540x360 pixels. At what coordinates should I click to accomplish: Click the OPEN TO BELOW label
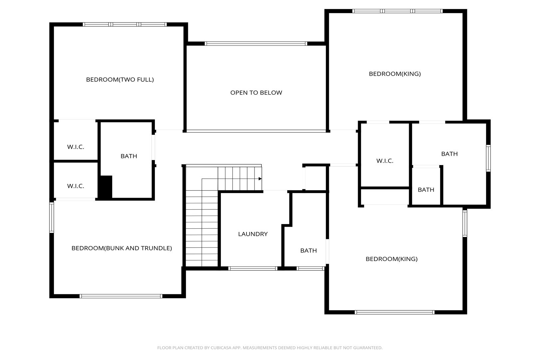point(256,93)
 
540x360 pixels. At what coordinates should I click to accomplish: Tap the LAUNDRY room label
point(253,234)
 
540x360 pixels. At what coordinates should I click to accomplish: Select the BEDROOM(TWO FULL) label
point(120,80)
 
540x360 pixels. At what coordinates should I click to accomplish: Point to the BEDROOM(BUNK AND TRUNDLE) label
point(122,248)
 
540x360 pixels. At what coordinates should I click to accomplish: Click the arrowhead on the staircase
point(260,179)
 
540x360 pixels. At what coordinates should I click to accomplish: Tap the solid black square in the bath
point(106,187)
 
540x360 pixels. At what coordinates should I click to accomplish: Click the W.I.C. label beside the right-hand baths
point(385,161)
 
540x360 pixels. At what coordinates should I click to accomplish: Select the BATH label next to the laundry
point(308,251)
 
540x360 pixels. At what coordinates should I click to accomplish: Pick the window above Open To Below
point(256,44)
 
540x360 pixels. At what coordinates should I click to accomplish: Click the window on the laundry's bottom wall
point(253,269)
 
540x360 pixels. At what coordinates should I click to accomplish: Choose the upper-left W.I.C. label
point(76,147)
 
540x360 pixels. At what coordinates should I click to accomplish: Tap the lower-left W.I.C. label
point(76,186)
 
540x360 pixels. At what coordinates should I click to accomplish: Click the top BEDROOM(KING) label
point(395,74)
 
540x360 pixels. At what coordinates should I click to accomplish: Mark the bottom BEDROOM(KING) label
point(392,259)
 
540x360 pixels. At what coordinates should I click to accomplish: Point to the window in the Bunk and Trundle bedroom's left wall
point(52,218)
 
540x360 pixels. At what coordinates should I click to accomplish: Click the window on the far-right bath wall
point(488,158)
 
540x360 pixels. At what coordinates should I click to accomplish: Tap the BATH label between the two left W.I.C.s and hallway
point(129,156)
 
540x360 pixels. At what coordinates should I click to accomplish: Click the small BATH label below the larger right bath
point(426,190)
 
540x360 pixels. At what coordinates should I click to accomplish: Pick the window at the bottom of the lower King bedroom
point(395,312)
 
